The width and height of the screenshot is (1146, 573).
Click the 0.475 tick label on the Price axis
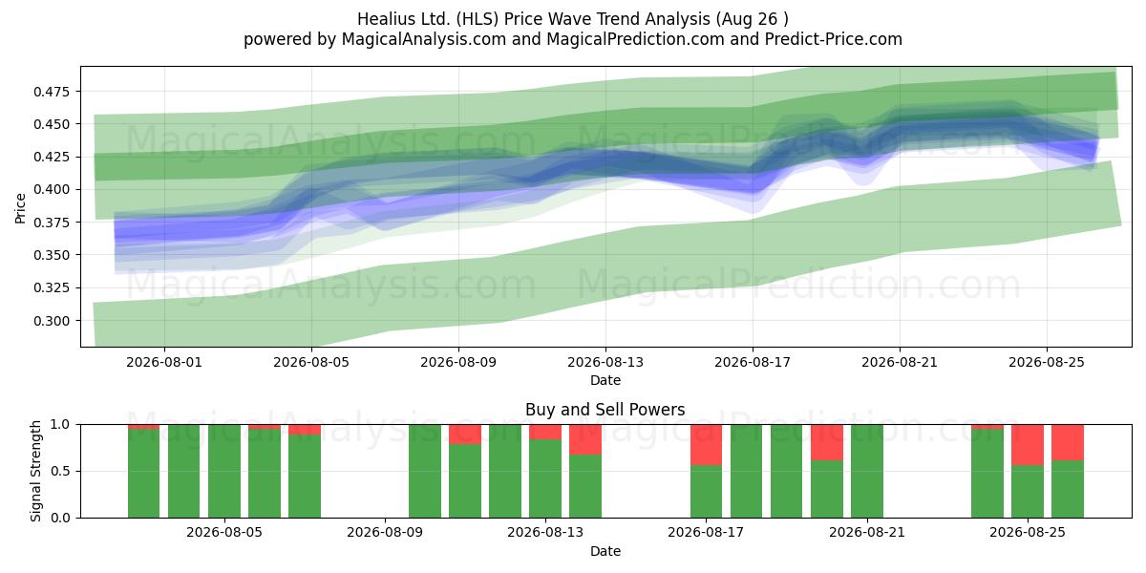click(52, 92)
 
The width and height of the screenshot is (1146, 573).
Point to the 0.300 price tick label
click(52, 321)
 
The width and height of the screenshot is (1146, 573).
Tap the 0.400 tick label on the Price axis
click(52, 190)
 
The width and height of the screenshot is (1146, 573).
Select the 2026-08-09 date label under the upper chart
click(458, 362)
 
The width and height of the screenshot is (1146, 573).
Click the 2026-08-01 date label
click(164, 362)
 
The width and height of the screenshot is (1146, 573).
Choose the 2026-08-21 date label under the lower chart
click(867, 533)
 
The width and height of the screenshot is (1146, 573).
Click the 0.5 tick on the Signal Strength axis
click(60, 471)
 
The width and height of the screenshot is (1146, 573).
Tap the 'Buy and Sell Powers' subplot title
click(605, 410)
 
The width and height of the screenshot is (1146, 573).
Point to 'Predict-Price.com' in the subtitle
click(834, 39)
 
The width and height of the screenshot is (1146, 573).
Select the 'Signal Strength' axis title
click(35, 471)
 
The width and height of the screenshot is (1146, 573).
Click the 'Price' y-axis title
click(20, 208)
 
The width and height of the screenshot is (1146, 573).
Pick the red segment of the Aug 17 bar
click(706, 445)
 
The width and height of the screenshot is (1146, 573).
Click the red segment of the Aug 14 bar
click(585, 439)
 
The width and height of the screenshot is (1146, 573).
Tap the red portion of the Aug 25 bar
click(1028, 445)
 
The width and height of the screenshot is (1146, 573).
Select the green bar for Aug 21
click(867, 471)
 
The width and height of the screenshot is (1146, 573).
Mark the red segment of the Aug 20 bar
click(827, 442)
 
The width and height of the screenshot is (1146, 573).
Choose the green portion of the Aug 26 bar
click(1068, 489)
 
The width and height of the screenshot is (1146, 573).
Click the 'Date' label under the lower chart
click(605, 552)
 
